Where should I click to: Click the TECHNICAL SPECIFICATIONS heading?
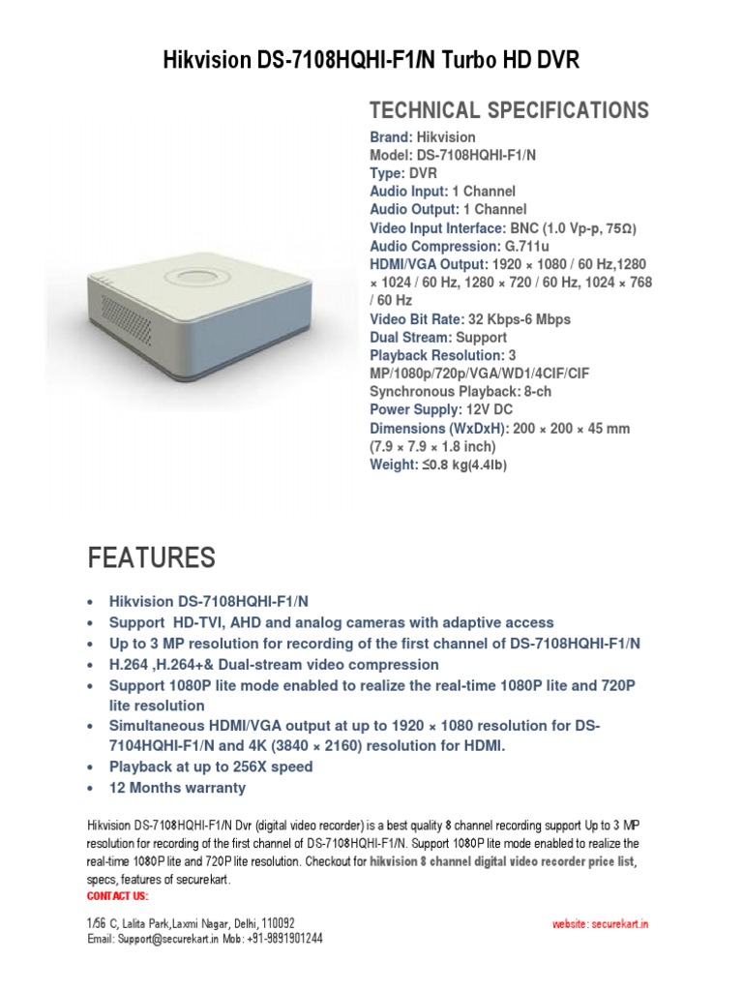(509, 109)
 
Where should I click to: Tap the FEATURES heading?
(152, 557)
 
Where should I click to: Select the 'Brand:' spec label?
(391, 137)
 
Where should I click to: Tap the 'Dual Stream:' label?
(410, 338)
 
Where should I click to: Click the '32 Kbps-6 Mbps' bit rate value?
(519, 319)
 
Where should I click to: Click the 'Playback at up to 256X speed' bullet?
(211, 766)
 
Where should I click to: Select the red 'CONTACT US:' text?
(117, 896)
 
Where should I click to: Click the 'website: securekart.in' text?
(600, 924)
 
